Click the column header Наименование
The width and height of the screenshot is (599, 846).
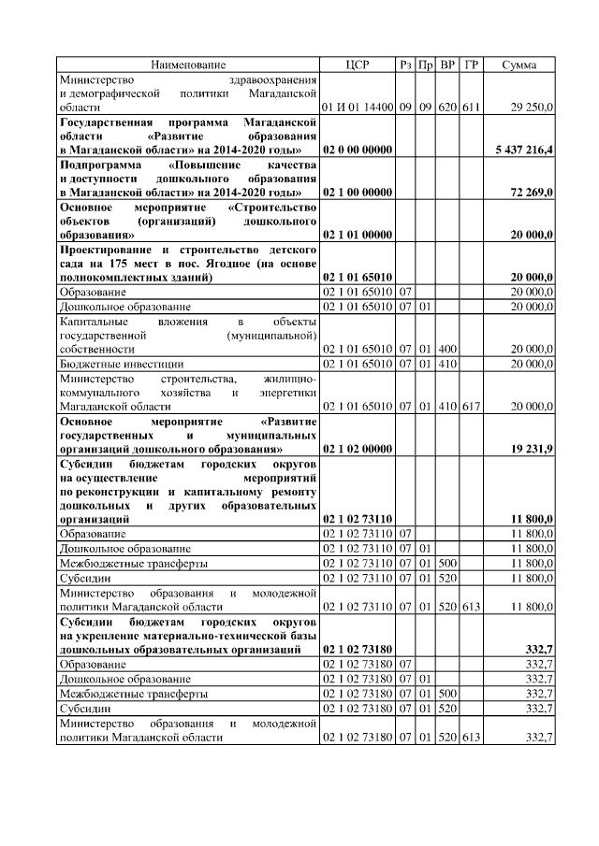188,65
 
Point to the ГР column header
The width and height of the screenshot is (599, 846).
471,65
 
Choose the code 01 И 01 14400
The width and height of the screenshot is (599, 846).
357,108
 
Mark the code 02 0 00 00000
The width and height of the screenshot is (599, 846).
357,150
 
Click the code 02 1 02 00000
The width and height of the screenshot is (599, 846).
357,449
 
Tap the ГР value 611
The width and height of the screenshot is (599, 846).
471,108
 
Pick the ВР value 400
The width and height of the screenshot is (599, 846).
447,349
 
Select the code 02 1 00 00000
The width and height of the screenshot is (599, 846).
357,192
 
